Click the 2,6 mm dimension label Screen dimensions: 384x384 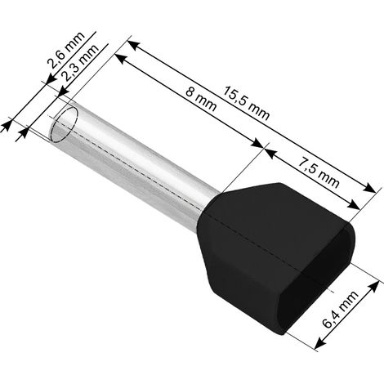[x=66, y=50]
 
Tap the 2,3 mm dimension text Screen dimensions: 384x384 [x=80, y=62]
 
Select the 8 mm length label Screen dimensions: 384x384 [x=201, y=99]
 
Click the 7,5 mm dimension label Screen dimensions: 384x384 [x=319, y=173]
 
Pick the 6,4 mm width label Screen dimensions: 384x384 [x=340, y=309]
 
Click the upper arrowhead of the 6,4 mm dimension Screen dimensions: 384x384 [x=374, y=287]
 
